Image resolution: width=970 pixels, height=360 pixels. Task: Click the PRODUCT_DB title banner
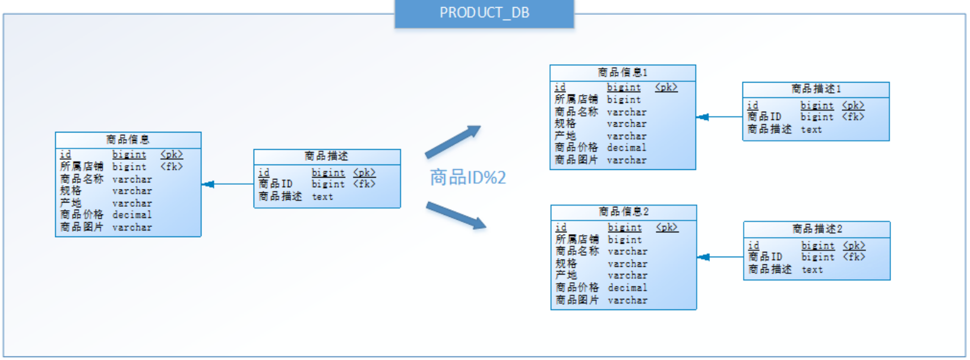484,13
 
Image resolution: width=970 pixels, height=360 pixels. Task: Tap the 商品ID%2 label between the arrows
467,177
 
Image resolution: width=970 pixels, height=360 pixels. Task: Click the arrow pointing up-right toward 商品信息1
453,141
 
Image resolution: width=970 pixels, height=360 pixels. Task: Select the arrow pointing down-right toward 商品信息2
456,215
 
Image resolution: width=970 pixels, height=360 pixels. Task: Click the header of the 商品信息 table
128,140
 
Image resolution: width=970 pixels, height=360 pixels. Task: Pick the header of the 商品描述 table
326,156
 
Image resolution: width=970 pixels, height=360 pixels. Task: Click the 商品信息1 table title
622,72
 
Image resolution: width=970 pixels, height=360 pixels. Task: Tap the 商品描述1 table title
816,89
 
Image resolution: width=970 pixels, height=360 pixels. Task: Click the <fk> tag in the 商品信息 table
171,167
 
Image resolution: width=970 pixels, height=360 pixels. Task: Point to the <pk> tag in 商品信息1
666,87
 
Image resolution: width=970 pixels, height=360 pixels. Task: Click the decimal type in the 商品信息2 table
627,288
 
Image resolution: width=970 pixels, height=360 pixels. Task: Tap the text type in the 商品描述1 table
811,130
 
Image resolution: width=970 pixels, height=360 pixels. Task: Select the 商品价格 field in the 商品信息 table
81,214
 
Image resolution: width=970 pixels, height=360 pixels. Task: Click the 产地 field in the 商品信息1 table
565,136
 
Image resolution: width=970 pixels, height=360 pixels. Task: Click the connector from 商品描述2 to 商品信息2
720,257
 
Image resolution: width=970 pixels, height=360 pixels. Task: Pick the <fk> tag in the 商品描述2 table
854,257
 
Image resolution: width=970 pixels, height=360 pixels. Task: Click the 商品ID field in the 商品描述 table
275,184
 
